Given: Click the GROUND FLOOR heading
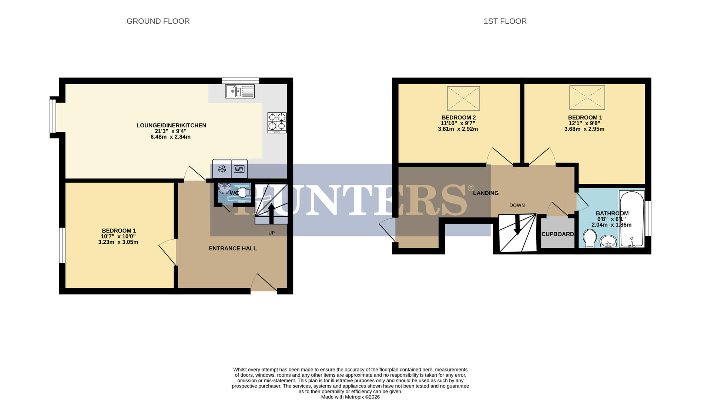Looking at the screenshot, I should point(158,21).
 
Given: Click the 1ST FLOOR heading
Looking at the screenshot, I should point(505,21).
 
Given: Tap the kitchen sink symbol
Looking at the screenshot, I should point(239,91).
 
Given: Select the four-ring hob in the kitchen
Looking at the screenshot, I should point(277,123).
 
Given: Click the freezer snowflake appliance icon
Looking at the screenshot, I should point(222,169).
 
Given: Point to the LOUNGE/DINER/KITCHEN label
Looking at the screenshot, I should point(171,126).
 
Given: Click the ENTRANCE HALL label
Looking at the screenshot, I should point(232,249).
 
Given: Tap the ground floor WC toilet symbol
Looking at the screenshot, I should point(243,193).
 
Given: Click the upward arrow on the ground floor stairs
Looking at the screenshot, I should point(271,213).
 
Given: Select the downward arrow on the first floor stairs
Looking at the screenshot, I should point(517,225).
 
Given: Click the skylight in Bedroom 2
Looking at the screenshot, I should point(463,99).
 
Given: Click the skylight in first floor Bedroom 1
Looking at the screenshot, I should point(587,98).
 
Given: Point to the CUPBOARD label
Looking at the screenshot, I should point(557,234).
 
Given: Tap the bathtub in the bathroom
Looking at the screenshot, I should point(632,219).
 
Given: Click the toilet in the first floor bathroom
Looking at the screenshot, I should point(590,238).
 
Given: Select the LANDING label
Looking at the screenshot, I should point(486,193).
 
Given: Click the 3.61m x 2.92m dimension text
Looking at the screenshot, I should point(458,129).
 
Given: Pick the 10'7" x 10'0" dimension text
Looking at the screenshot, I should point(118,236).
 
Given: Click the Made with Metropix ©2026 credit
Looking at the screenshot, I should point(350,397).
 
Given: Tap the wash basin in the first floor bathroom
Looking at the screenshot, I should point(608,242).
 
